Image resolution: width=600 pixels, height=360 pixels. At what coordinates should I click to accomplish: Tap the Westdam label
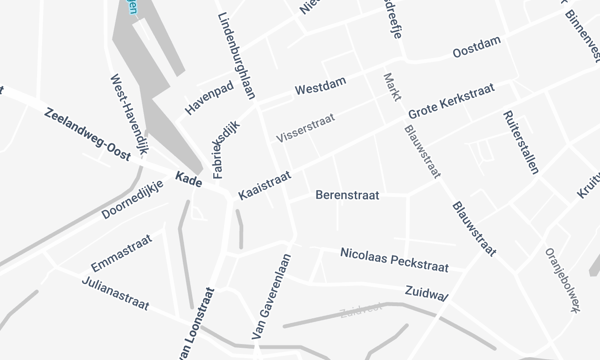[x=321, y=87]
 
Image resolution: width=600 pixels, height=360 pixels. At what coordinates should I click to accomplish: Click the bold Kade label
[x=188, y=179]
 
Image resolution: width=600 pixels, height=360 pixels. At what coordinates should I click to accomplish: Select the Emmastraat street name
[x=121, y=252]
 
